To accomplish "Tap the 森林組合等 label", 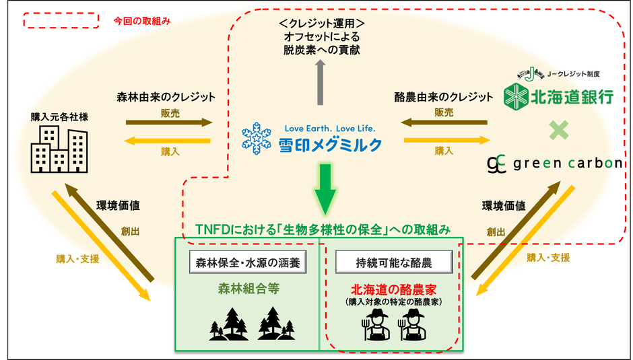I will pyautogui.click(x=248, y=289).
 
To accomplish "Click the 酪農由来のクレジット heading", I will pyautogui.click(x=444, y=97).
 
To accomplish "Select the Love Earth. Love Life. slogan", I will pyautogui.click(x=330, y=128).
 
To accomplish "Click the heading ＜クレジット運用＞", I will pyautogui.click(x=321, y=24).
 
